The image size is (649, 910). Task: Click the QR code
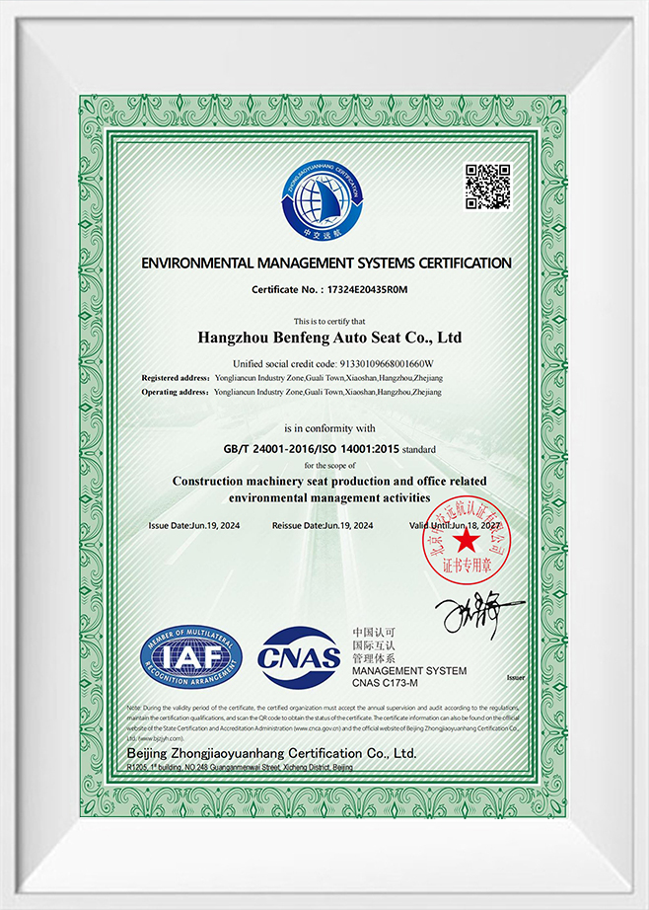(487, 187)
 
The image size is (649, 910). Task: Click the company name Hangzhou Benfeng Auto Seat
(330, 338)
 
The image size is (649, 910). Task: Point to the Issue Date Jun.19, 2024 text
(192, 525)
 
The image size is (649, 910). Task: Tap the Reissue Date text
(323, 525)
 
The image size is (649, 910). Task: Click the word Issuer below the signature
(514, 678)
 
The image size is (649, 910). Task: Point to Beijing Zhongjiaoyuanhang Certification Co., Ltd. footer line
(271, 753)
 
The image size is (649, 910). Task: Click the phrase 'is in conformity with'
(330, 428)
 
